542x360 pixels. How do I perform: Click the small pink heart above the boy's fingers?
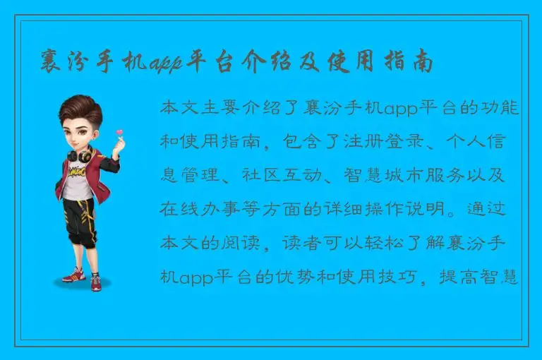tap(119, 132)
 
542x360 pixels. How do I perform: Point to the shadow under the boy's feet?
tap(83, 282)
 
